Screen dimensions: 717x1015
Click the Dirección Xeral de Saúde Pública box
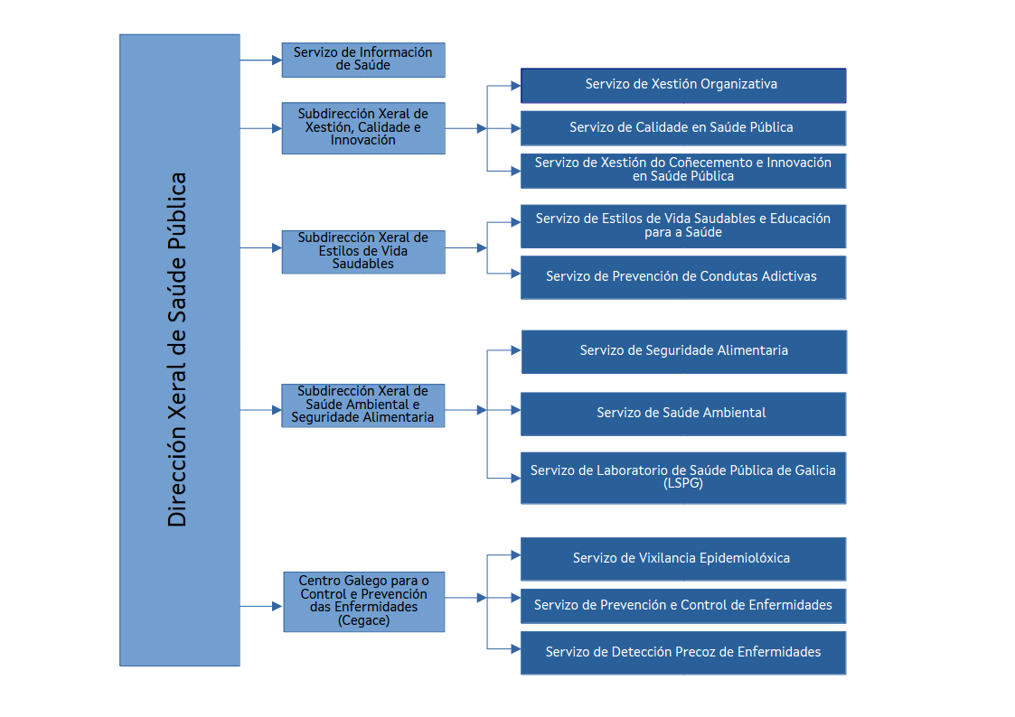click(x=179, y=350)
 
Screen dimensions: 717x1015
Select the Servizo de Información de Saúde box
click(x=362, y=60)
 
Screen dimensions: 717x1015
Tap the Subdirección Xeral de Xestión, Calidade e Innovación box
click(x=362, y=128)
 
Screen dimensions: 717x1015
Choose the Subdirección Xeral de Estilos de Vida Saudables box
click(x=362, y=251)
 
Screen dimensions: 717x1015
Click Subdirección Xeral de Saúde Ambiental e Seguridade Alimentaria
click(x=362, y=405)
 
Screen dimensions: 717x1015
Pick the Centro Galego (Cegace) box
click(x=362, y=601)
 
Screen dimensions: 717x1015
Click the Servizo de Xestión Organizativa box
click(x=682, y=85)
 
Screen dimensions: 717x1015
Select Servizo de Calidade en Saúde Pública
click(x=682, y=127)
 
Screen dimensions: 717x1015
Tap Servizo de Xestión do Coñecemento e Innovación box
click(x=682, y=170)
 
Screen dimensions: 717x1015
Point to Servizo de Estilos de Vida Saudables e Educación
click(x=682, y=226)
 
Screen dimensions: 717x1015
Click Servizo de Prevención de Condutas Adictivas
click(x=682, y=276)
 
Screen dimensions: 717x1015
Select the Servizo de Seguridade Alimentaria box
click(x=683, y=350)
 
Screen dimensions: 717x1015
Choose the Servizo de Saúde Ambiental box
click(x=682, y=413)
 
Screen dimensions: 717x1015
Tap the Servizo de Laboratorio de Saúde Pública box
click(x=682, y=477)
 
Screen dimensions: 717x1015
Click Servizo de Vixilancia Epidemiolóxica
click(x=682, y=558)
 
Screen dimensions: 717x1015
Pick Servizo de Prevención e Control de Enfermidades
click(x=682, y=605)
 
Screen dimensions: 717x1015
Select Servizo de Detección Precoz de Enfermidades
click(x=682, y=652)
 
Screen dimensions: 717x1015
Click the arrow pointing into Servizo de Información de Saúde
click(x=276, y=61)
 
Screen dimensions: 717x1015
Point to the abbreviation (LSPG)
click(x=682, y=483)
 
